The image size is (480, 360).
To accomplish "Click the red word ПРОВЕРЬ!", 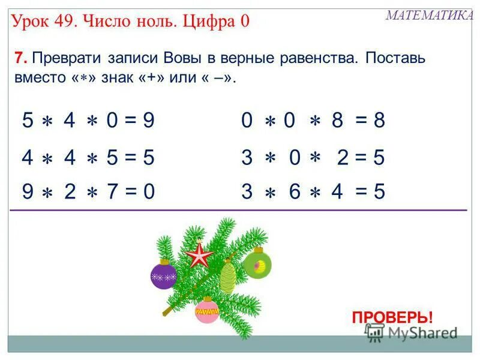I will click(392, 317).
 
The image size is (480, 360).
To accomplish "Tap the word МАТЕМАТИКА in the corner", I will click(429, 16).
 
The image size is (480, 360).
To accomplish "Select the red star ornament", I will click(199, 255).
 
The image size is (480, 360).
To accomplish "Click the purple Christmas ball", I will click(163, 274).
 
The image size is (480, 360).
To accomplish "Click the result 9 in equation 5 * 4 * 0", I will click(148, 121).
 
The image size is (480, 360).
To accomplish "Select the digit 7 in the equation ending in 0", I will click(112, 192).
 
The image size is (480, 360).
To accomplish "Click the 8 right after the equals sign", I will click(378, 121).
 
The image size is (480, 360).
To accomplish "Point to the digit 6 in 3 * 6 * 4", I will click(294, 192).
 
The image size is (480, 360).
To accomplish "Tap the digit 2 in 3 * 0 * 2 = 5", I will click(343, 157).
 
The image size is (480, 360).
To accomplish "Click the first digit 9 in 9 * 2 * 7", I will click(28, 192).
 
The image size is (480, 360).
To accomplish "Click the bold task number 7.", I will click(19, 60).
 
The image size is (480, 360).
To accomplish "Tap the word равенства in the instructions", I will click(319, 60).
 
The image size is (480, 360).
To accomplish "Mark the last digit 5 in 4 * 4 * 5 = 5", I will click(148, 157).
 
